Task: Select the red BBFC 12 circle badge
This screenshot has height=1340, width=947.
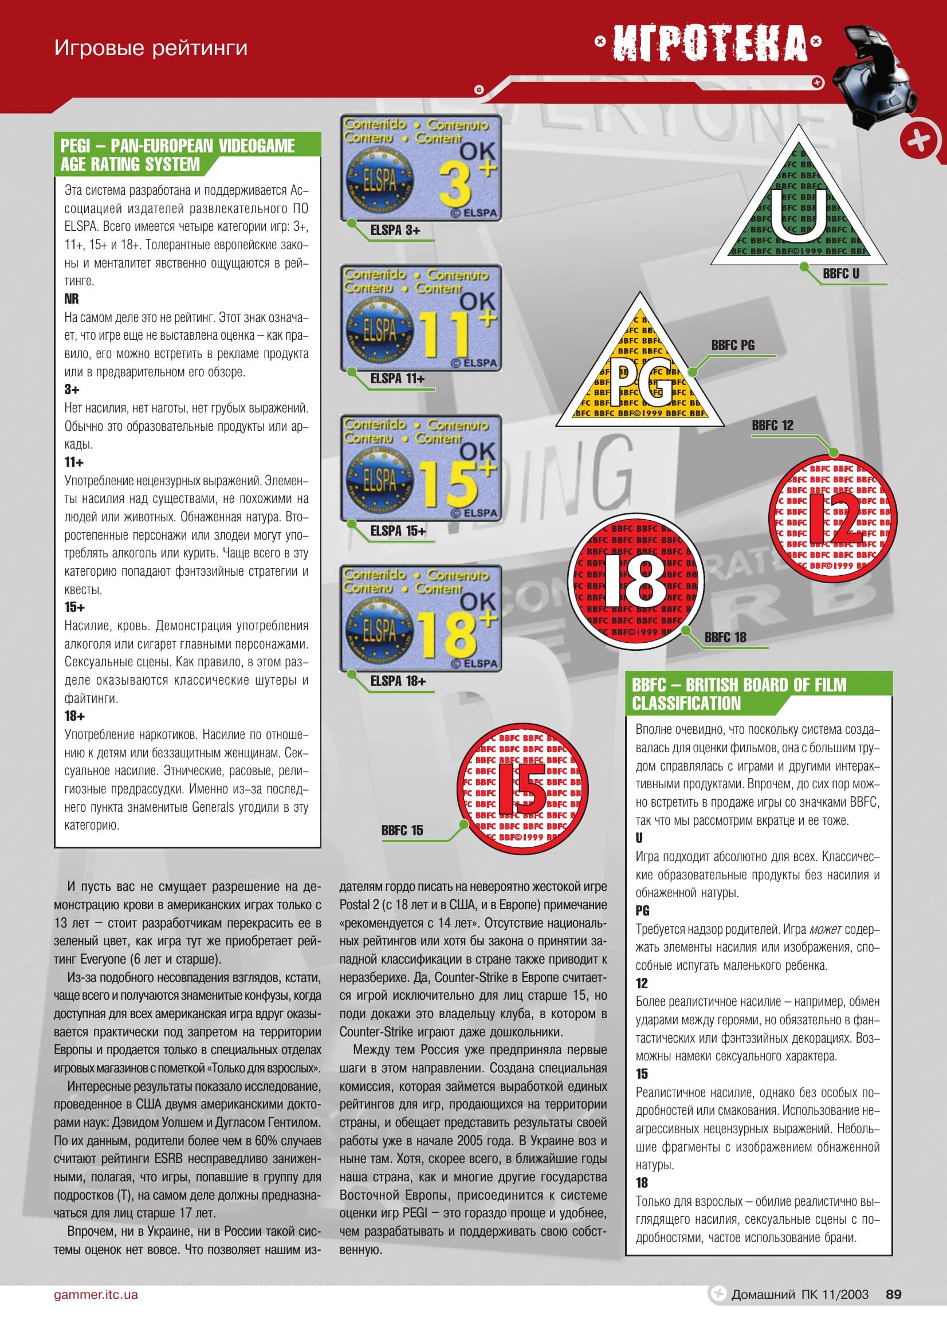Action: pos(832,518)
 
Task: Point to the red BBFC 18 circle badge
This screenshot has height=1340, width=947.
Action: pos(636,581)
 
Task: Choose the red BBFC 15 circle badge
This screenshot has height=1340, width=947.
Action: pos(523,789)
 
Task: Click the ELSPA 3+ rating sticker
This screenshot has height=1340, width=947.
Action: pos(421,167)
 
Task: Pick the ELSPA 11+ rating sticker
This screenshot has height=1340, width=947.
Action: pos(421,317)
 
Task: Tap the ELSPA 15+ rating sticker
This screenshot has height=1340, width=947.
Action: pos(421,468)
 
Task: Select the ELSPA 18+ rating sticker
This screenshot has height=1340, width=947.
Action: pos(421,618)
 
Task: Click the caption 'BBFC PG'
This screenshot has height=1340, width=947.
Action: pos(732,345)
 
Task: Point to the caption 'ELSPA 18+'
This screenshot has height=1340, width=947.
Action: pos(398,681)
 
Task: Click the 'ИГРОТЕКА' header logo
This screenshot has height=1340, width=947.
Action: pos(708,42)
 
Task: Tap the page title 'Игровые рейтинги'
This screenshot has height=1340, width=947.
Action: pos(151,48)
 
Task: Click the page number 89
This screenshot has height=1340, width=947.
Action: pos(893,1294)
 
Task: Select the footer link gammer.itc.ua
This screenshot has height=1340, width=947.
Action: pos(96,1295)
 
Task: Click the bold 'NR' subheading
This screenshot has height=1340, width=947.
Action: pos(71,299)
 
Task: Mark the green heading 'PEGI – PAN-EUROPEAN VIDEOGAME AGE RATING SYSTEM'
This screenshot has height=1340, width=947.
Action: pos(178,155)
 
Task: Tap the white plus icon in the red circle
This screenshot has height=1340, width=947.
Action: pos(920,141)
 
